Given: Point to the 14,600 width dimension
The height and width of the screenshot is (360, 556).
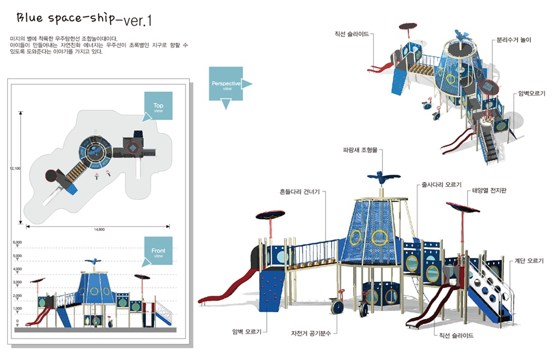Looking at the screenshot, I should [x=99, y=230].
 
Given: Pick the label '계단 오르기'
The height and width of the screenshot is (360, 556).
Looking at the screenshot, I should [x=528, y=261].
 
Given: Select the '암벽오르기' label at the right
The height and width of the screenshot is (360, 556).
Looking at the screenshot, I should [x=531, y=94].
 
